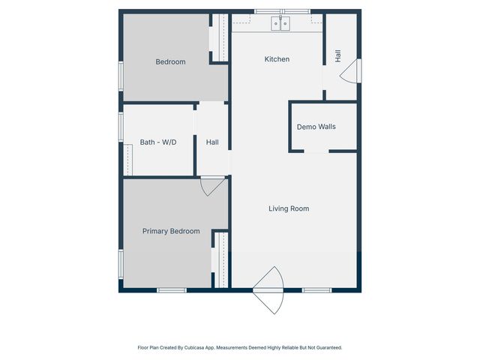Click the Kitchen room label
pos(277,59)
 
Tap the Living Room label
pos(289,208)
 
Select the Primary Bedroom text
pos(171,231)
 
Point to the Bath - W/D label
pos(158,142)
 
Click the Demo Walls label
pos(316,127)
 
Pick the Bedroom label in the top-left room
pos(170,61)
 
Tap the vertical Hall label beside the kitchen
pos(338,55)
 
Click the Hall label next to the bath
pos(212,142)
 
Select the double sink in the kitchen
pos(281,24)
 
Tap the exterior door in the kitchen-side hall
pos(352,70)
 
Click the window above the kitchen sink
pos(281,11)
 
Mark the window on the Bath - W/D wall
pos(121,126)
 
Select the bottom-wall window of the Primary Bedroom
pos(171,290)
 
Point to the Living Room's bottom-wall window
pos(316,290)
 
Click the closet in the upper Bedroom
pos(220,37)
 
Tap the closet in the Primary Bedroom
pos(220,259)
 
